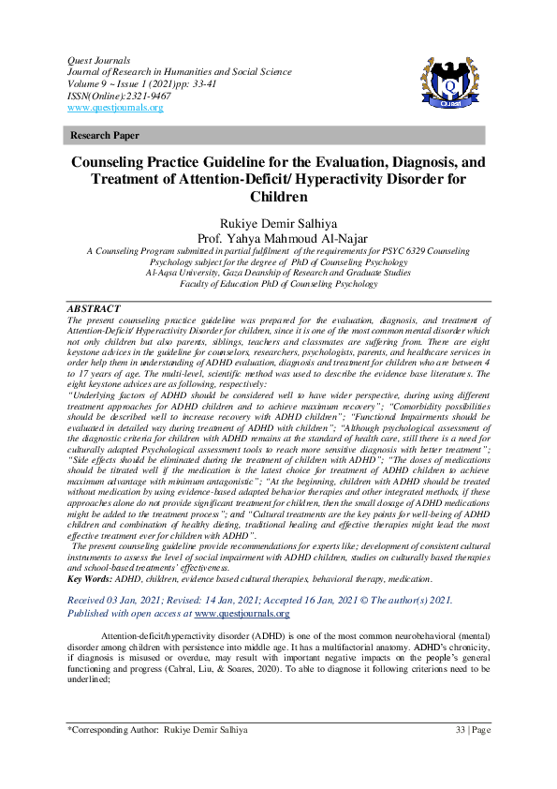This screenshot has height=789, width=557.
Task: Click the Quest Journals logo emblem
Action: tap(453, 85)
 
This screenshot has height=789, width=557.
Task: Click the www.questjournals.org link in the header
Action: tap(115, 108)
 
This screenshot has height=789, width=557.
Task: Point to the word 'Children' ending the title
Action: tap(278, 197)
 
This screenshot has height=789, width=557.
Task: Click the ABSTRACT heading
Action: tap(94, 308)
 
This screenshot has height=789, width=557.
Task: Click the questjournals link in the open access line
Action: tap(241, 614)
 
